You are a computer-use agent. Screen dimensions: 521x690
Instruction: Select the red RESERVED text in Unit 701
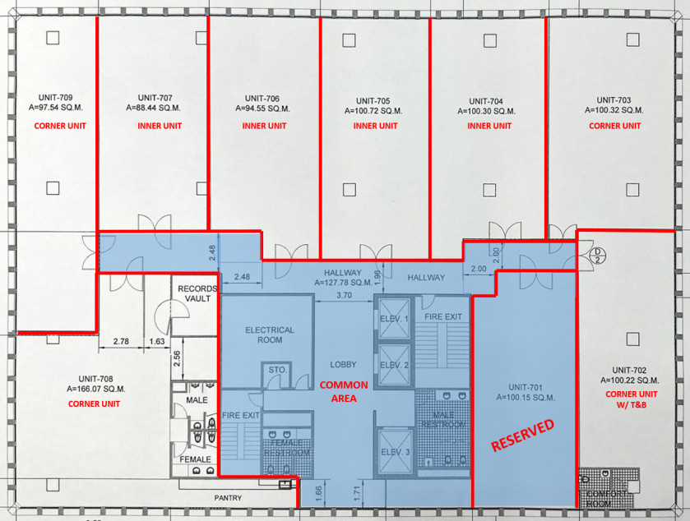(x=523, y=436)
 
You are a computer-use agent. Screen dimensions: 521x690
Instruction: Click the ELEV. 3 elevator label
(x=393, y=451)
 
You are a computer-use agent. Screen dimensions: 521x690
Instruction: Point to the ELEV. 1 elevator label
(x=393, y=318)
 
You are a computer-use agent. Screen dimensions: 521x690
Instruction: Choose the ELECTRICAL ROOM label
(x=270, y=334)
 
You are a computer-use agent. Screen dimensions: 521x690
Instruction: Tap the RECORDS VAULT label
(x=197, y=293)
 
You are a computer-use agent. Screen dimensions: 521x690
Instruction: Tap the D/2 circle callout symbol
(x=601, y=256)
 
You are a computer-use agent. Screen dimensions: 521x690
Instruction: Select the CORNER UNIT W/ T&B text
(x=627, y=399)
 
